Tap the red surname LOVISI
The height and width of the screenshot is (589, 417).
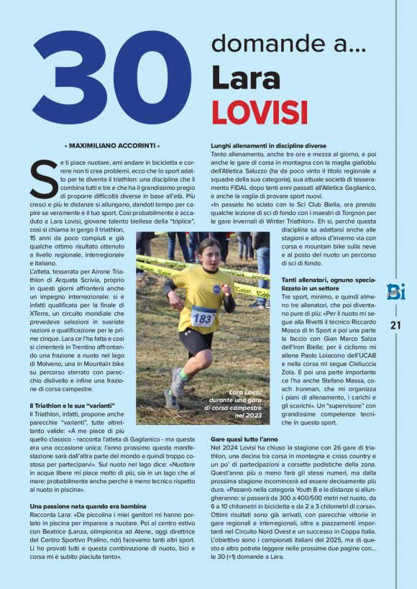tap(259, 112)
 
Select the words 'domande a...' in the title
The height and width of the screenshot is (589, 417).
tap(289, 44)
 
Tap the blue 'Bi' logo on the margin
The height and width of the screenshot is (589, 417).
tap(395, 291)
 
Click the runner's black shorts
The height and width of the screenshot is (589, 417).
tap(196, 340)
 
